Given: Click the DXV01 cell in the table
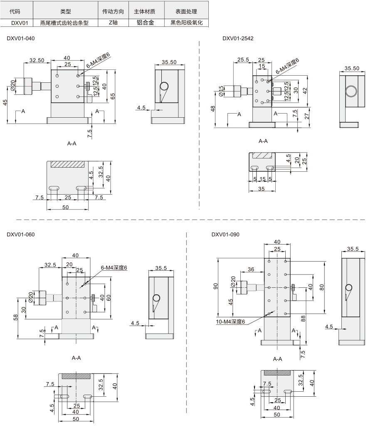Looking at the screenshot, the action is click(20, 23).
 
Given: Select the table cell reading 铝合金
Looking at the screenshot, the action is click(146, 22).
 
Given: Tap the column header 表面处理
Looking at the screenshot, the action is click(186, 12).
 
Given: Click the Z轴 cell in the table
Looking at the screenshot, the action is click(113, 22).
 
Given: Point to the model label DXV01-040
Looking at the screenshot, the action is click(20, 38).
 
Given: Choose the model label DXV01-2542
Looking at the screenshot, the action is click(238, 38).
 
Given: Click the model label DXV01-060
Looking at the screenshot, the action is click(20, 235).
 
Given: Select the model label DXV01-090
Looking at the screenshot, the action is click(225, 235).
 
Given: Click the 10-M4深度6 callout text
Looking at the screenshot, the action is click(230, 322).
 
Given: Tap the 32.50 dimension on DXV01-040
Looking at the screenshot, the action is click(37, 60).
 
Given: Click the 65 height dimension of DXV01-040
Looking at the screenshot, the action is click(112, 96).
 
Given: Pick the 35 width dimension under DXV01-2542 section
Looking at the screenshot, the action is click(262, 189).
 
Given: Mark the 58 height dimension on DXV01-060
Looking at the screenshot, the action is click(15, 317).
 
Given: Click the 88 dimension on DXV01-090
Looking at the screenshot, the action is click(303, 319).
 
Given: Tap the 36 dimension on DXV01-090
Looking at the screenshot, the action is click(251, 269).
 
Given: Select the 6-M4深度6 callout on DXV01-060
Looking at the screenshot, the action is click(114, 268).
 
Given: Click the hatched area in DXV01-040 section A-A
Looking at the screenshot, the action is click(67, 164).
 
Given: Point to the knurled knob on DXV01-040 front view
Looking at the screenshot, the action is click(28, 86).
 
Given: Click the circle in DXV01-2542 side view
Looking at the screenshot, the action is click(351, 91).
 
